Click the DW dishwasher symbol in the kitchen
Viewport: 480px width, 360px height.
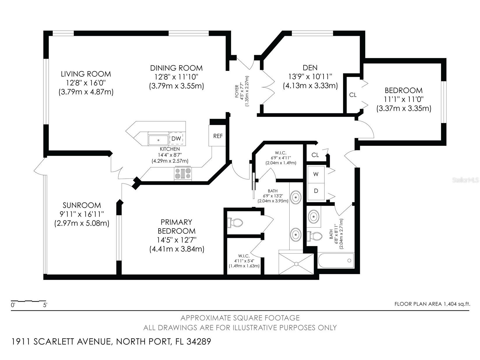pyautogui.click(x=176, y=138)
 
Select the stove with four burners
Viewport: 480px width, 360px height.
pyautogui.click(x=183, y=173)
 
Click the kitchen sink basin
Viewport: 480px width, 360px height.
pyautogui.click(x=158, y=140)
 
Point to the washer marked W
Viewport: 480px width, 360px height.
pyautogui.click(x=316, y=174)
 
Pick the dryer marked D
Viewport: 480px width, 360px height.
pyautogui.click(x=316, y=191)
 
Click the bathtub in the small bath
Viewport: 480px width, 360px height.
pyautogui.click(x=336, y=260)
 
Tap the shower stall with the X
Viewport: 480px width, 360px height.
pyautogui.click(x=296, y=264)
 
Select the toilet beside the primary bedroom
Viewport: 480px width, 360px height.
pyautogui.click(x=235, y=223)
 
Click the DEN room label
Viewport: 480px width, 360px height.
pyautogui.click(x=310, y=68)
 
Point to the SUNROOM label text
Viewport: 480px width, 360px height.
pyautogui.click(x=82, y=205)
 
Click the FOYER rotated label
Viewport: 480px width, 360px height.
pyautogui.click(x=237, y=91)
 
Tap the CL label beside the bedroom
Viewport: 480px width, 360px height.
pyautogui.click(x=353, y=95)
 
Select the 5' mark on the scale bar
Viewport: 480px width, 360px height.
pyautogui.click(x=45, y=305)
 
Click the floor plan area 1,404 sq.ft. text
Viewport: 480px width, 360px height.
pyautogui.click(x=432, y=304)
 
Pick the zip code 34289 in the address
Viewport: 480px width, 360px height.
pyautogui.click(x=199, y=342)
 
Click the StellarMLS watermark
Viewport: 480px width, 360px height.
pyautogui.click(x=465, y=180)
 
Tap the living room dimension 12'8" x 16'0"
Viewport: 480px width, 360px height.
pyautogui.click(x=86, y=83)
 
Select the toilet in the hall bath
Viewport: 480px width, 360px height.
pyautogui.click(x=314, y=236)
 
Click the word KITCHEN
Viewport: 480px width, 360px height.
pyautogui.click(x=170, y=149)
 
